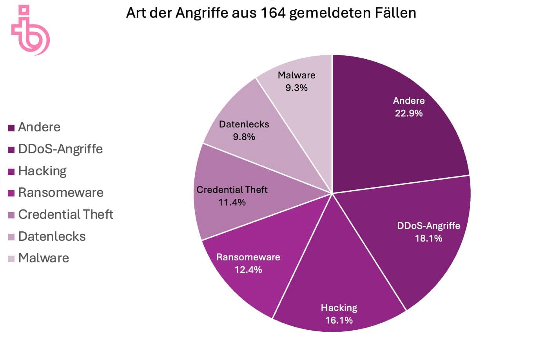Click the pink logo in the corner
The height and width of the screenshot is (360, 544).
coord(30,30)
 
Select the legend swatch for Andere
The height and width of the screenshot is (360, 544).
coord(11,127)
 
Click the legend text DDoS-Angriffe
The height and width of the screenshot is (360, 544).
coord(60,149)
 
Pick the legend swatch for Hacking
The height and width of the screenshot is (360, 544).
coord(11,171)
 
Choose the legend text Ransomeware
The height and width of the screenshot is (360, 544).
coord(61,193)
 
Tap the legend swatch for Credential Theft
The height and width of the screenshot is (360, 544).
coord(11,215)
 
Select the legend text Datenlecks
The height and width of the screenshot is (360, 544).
coord(52,236)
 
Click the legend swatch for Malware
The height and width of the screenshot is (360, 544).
coord(11,258)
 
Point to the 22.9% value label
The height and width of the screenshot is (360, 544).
coord(409,113)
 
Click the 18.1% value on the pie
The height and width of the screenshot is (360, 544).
coord(428,238)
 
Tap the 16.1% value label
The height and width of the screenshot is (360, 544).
coord(339,320)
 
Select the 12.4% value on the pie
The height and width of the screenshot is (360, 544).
coord(248,270)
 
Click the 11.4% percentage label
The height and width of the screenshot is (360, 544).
coord(232,202)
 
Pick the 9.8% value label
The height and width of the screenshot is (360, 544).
coord(244,137)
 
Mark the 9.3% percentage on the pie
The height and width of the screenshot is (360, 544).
coord(296,88)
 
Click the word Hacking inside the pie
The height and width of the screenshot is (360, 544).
coord(339,308)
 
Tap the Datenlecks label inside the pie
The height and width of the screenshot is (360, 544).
coord(244,124)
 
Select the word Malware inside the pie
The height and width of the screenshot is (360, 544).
coord(296,75)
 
